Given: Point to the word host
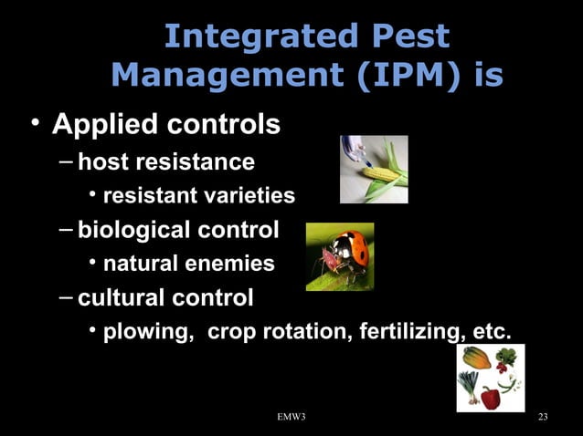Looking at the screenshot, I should [x=102, y=162].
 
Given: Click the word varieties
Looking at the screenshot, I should [x=251, y=196].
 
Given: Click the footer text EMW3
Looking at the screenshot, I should [x=291, y=418].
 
